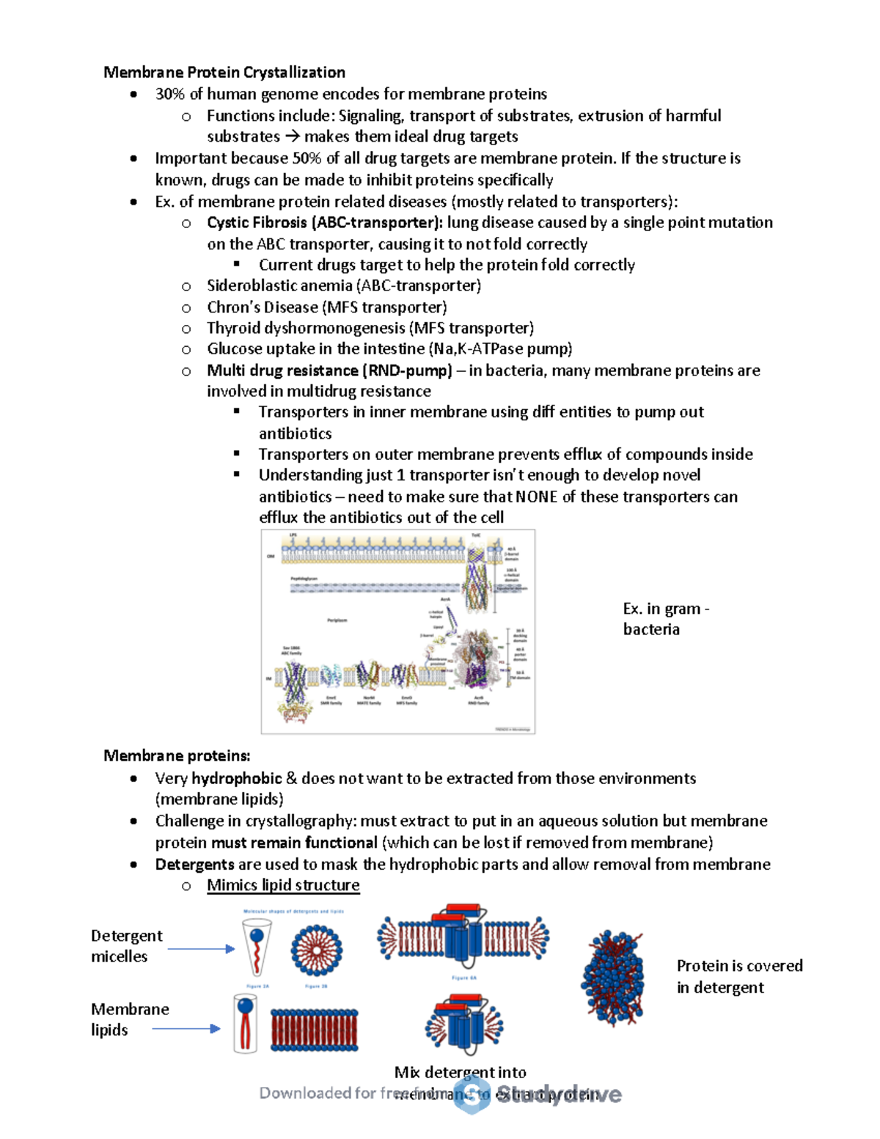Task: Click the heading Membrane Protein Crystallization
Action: tap(224, 72)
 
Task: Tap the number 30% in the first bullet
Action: tap(170, 94)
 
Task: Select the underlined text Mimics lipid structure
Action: tap(283, 885)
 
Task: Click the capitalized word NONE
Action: tap(536, 497)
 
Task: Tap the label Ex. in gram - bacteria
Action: tap(664, 618)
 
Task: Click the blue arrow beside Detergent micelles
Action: tap(201, 949)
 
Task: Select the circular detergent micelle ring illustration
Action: tap(316, 950)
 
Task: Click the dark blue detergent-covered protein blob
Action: tap(612, 978)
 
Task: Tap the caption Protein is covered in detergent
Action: tap(738, 976)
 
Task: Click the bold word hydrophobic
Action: tap(236, 778)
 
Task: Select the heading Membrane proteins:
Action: tap(177, 755)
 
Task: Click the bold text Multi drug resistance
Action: tap(282, 370)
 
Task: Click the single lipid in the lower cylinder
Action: tap(245, 1022)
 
